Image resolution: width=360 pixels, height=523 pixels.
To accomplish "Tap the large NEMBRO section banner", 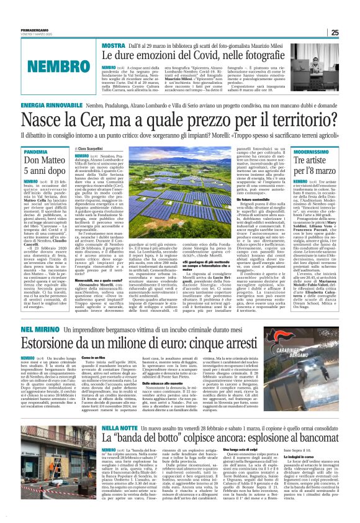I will pyautogui.click(x=49, y=65).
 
